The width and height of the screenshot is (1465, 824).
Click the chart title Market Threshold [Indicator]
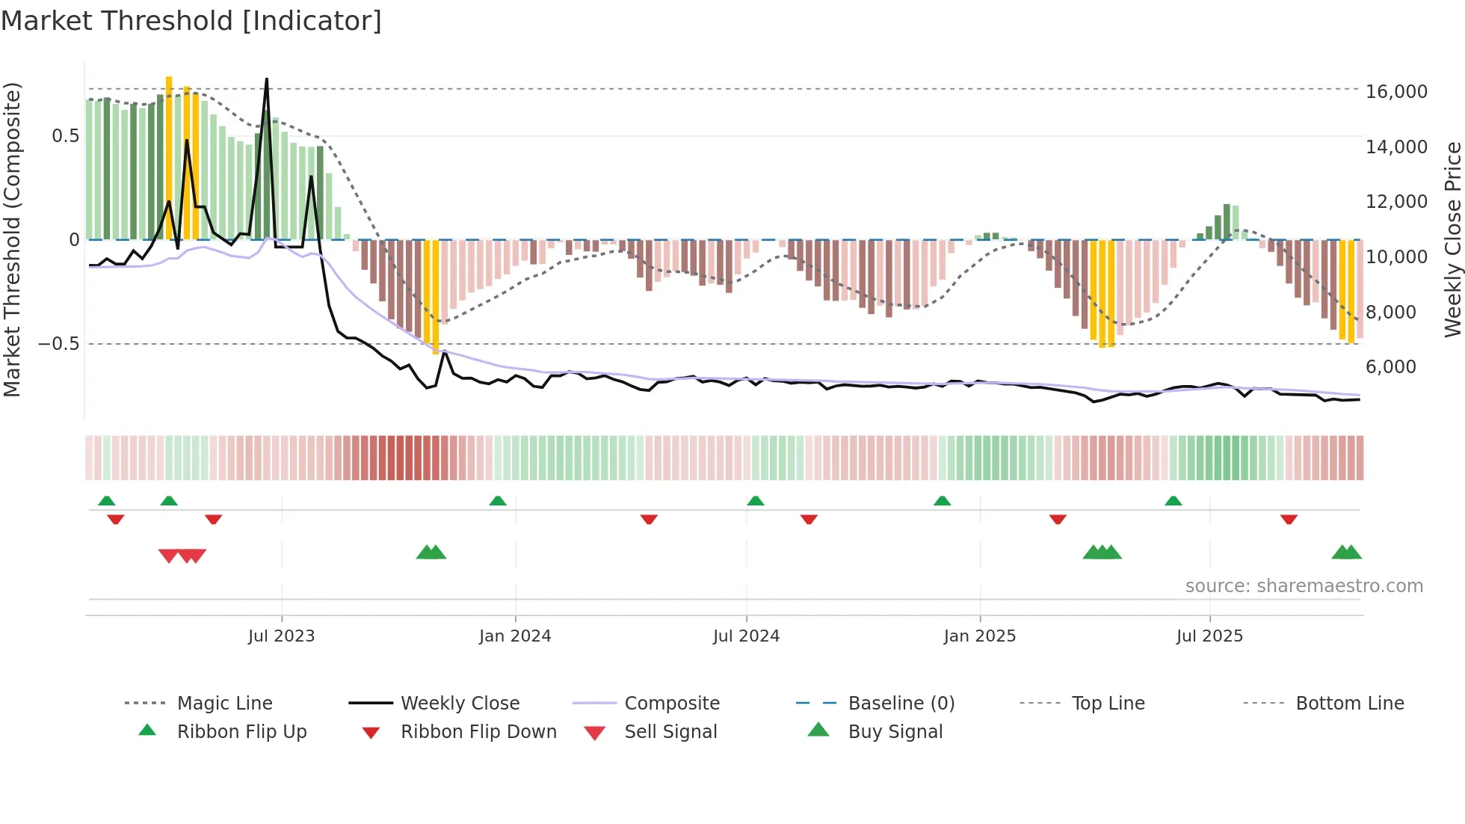(191, 21)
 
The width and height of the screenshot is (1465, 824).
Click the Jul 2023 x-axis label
(281, 636)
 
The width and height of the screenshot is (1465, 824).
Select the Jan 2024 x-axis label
(515, 636)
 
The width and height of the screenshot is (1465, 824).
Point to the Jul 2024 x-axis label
(746, 636)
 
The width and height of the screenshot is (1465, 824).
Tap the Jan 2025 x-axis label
(979, 636)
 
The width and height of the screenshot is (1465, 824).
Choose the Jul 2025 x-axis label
(1209, 636)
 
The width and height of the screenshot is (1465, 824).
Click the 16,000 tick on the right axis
(1396, 92)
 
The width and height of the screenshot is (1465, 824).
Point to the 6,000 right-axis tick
(1390, 367)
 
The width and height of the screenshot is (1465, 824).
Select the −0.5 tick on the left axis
(59, 344)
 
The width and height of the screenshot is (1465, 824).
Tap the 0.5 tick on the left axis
(65, 136)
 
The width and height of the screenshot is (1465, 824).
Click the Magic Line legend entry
(224, 704)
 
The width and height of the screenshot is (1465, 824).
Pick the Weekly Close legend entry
(460, 704)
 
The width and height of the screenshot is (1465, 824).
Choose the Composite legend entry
(671, 704)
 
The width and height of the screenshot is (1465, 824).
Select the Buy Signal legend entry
(895, 732)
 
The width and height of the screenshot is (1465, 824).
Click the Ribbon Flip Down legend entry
(478, 732)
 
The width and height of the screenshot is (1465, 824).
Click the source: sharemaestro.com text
(1304, 586)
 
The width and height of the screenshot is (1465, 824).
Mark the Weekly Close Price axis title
(1452, 239)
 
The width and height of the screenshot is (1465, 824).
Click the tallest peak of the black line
(267, 79)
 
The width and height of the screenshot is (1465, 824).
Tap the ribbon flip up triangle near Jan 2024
(498, 501)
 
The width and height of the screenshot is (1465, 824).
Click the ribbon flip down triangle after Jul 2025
(1289, 519)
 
